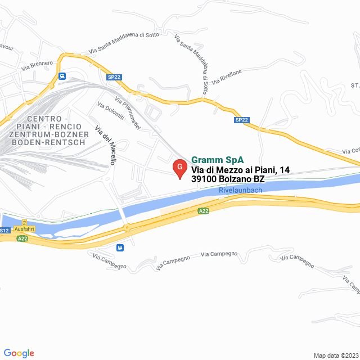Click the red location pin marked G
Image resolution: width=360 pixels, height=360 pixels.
pos(179,168)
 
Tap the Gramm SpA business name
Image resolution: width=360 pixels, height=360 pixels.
pos(214,159)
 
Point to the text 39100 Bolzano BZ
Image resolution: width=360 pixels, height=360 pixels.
pos(228,179)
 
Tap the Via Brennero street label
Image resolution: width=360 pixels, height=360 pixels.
pos(37,65)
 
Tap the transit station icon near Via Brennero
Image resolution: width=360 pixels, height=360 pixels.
pos(62,76)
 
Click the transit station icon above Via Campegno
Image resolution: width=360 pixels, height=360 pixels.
pos(120,247)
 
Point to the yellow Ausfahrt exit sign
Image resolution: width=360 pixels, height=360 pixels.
pos(25,229)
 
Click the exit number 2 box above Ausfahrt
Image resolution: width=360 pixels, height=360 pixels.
pos(25,223)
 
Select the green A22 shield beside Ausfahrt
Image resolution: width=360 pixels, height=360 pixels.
pos(22,238)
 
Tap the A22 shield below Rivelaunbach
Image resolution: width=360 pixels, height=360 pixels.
pos(204,211)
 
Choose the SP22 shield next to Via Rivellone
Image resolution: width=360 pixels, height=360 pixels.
pos(241,120)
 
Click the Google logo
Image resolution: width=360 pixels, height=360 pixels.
pos(19,353)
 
